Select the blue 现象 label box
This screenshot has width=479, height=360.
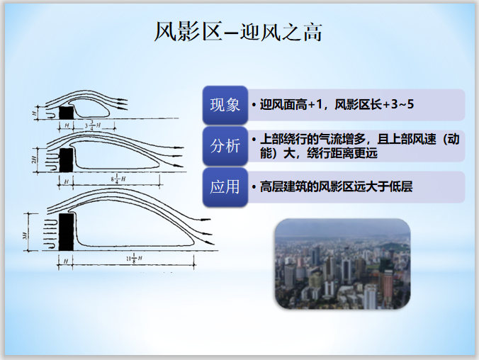click(225, 105)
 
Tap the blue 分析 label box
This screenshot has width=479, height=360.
click(225, 145)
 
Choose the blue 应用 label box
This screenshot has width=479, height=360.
click(225, 187)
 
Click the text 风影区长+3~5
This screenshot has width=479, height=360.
click(375, 105)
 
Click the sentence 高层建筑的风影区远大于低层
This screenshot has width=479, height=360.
click(336, 187)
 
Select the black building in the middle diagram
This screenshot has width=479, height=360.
click(67, 159)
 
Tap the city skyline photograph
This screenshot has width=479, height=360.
click(342, 263)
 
